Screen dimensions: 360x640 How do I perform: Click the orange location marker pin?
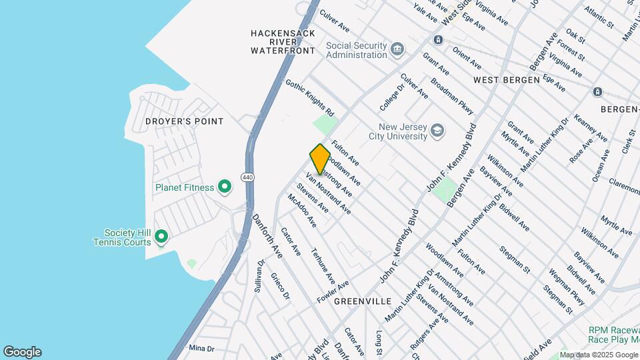coord(320,159)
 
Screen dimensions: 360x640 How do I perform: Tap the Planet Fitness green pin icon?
coord(225,187)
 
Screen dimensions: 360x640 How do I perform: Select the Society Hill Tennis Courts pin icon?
coord(161,237)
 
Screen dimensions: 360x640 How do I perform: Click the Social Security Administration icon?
coord(397,49)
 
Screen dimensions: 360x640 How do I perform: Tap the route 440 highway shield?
coord(247,177)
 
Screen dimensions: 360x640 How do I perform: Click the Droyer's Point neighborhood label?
coord(184,121)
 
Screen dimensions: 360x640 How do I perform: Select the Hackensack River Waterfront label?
coord(283,41)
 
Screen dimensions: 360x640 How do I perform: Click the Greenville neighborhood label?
coord(363,301)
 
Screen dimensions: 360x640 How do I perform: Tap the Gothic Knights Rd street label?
coord(309,96)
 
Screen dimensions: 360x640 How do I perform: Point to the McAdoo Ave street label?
coord(301,210)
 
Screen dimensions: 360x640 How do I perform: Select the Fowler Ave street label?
coord(333,292)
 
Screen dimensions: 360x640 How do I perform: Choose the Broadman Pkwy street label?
coord(452,97)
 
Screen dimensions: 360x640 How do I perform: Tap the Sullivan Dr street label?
coord(259,276)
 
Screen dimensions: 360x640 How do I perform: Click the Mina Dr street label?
coord(201,348)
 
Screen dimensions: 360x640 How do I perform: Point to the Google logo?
coord(22,352)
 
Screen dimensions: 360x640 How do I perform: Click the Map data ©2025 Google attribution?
coord(598,355)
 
